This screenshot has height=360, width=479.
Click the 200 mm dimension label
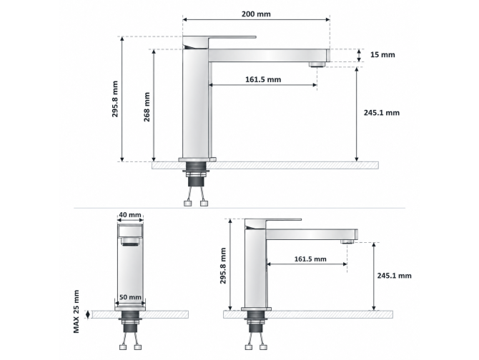pyautogui.click(x=256, y=14)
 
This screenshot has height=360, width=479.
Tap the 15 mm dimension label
pyautogui.click(x=382, y=54)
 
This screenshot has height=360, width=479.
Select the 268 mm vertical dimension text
pyautogui.click(x=147, y=107)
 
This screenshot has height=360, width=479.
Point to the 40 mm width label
pyautogui.click(x=130, y=215)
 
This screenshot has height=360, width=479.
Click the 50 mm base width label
pyautogui.click(x=130, y=297)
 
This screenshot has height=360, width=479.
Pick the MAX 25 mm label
pyautogui.click(x=76, y=311)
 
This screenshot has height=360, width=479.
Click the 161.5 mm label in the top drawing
pyautogui.click(x=263, y=79)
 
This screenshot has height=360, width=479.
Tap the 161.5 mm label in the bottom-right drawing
pyautogui.click(x=310, y=259)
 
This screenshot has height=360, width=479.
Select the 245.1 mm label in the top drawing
pyautogui.click(x=382, y=113)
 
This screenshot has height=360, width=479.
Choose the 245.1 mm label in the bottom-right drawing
pyautogui.click(x=394, y=276)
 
